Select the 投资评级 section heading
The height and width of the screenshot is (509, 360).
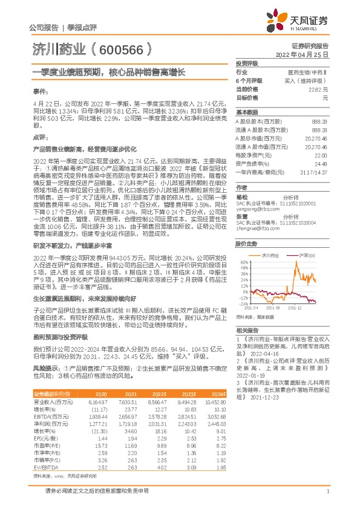(246, 63)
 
